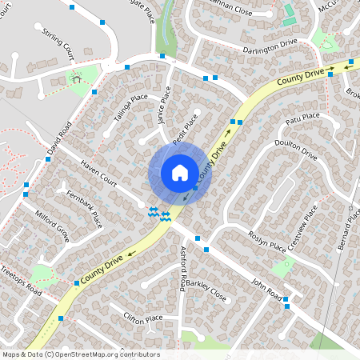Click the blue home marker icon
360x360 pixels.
tap(180, 173)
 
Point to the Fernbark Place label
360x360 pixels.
tap(85, 205)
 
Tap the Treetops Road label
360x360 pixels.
tap(21, 281)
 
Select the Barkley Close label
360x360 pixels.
tap(207, 292)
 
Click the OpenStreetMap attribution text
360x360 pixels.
tap(81, 354)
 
